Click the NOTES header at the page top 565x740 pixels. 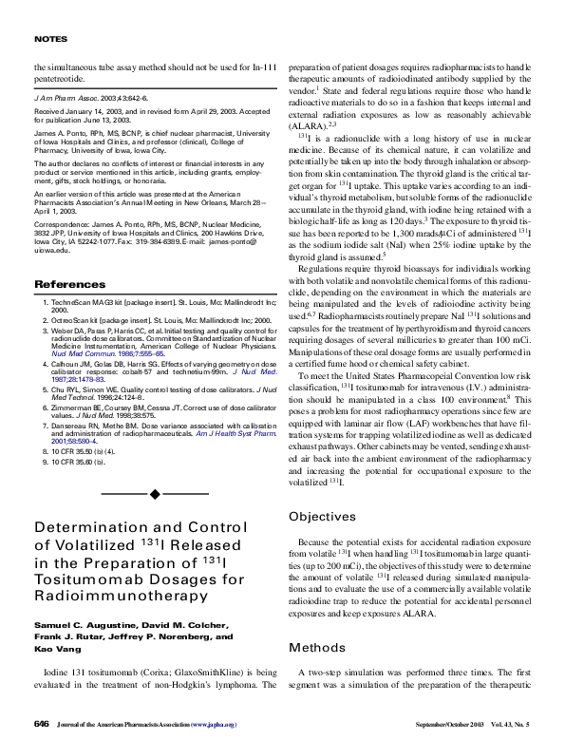click(48, 39)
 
